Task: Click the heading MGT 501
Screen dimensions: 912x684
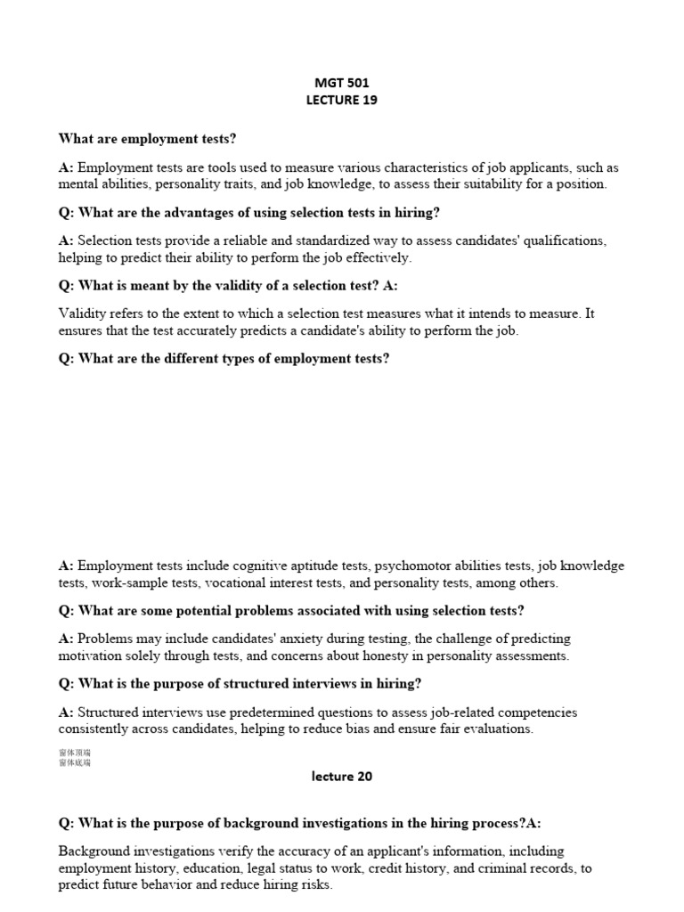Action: tap(341, 83)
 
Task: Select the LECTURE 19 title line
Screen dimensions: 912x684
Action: tap(341, 100)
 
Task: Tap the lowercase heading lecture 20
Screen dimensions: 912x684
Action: tap(342, 776)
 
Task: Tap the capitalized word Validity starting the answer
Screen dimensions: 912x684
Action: tap(81, 313)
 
